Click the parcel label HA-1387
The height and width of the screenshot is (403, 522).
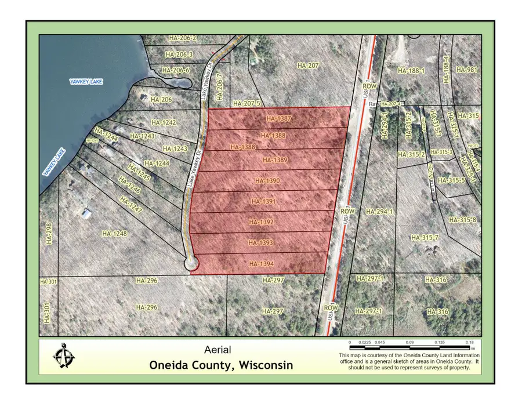pos(278,118)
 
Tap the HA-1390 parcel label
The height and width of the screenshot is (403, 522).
pos(267,181)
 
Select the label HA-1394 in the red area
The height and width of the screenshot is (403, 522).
pos(261,264)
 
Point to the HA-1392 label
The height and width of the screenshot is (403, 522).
pos(261,222)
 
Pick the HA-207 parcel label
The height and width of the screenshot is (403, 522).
pos(307,66)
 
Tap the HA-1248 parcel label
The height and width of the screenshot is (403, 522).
pos(114,234)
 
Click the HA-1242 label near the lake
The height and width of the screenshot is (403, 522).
pos(163,122)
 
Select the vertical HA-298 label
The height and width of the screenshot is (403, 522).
pos(49,234)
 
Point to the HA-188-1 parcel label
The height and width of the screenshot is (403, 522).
pos(411,71)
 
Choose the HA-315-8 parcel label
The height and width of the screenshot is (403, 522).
pos(465,220)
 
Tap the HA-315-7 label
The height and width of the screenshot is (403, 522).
pos(424,238)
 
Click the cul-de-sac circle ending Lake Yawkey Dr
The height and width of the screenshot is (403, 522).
pos(191,264)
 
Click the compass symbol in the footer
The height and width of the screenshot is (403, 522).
pos(64,355)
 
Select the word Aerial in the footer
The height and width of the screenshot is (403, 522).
pos(217,350)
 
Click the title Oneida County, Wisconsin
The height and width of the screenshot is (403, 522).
pos(221,365)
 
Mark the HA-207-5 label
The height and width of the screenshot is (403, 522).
pos(247,104)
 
